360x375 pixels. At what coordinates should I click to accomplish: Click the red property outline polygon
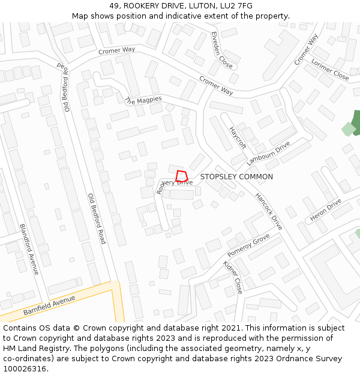(182, 176)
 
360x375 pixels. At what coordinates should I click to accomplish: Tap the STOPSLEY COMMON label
(236, 177)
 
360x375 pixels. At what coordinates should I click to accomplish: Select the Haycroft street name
(238, 137)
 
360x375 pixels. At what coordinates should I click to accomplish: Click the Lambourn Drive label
(268, 154)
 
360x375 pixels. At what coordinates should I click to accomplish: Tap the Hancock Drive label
(268, 211)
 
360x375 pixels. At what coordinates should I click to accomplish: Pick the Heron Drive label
(325, 209)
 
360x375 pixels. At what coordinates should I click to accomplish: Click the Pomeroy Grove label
(248, 246)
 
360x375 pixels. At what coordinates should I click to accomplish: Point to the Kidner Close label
(233, 277)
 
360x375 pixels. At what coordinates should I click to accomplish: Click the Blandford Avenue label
(29, 250)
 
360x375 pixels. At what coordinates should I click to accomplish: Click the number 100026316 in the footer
(25, 368)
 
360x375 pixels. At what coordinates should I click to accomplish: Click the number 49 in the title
(114, 6)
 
